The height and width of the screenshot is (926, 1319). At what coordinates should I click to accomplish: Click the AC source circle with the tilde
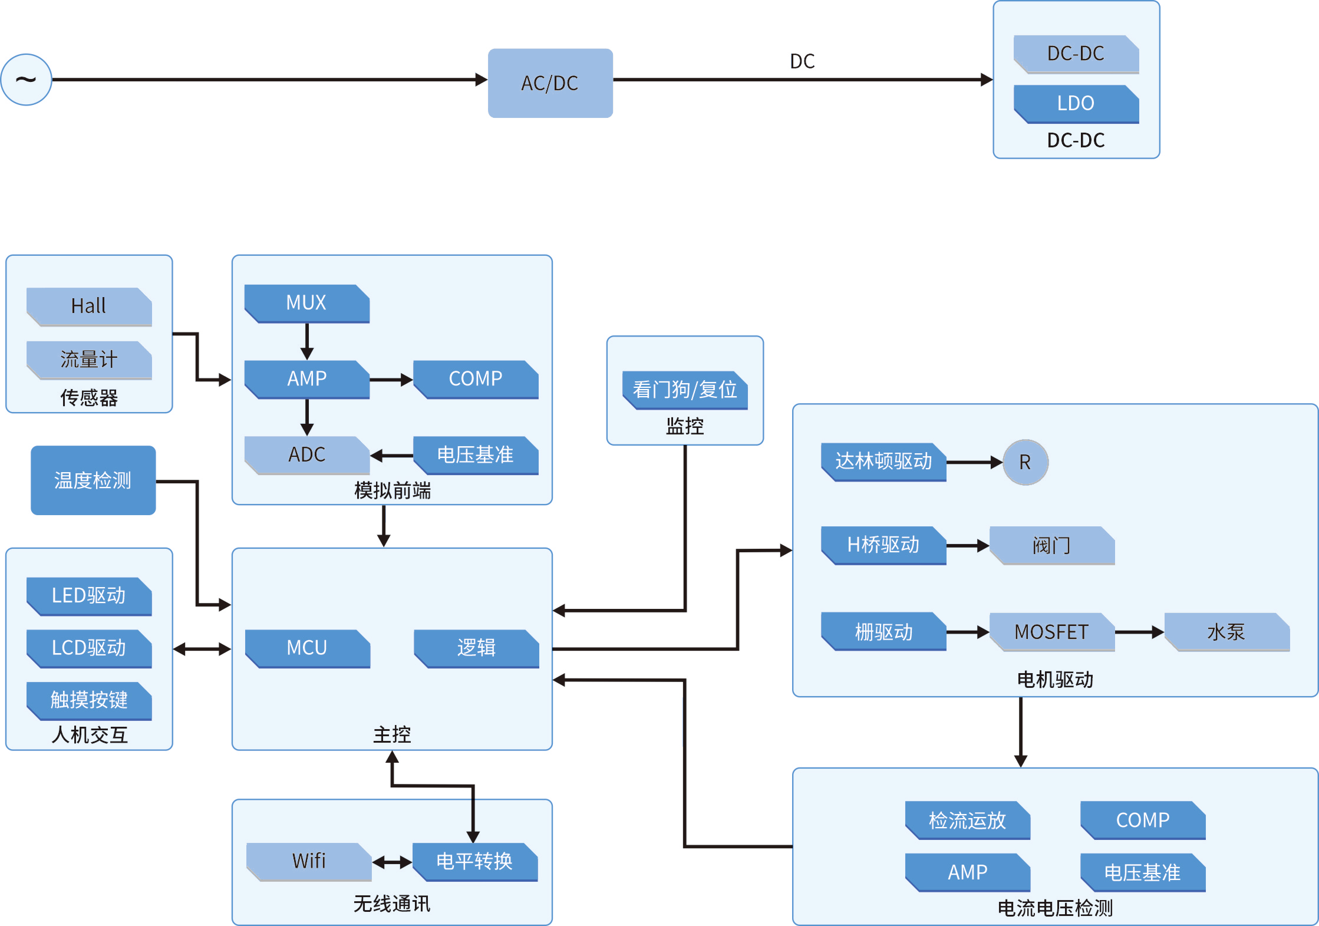point(27,80)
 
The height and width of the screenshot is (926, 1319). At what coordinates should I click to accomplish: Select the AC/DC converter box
point(550,83)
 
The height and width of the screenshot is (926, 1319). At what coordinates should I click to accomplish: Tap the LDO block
point(1076,104)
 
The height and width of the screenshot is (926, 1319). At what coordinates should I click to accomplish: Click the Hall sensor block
point(89,307)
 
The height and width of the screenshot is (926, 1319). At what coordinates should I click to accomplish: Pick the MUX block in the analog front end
point(307,304)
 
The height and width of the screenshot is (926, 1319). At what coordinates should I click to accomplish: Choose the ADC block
point(307,455)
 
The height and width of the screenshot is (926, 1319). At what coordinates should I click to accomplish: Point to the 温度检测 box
point(93,480)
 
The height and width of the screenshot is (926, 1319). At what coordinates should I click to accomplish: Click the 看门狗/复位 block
point(685,390)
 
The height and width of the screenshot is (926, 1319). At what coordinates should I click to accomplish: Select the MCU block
point(307,648)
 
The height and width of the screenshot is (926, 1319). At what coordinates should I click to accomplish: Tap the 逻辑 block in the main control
point(476,648)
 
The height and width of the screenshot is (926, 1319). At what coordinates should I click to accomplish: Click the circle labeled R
point(1025,462)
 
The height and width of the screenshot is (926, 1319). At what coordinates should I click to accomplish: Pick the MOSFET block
point(1052,632)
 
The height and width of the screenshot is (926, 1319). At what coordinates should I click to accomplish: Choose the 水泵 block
point(1227,632)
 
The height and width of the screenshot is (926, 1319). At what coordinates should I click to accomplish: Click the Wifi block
point(309,862)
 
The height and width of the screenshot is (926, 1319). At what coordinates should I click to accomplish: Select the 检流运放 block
point(968,820)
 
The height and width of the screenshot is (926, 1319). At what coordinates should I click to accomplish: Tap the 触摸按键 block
point(89,701)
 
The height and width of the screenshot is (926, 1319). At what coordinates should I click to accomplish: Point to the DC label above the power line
point(802,61)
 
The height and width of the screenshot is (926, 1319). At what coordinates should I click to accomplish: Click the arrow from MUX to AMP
point(307,342)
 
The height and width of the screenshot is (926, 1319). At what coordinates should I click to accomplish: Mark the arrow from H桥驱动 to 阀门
point(968,546)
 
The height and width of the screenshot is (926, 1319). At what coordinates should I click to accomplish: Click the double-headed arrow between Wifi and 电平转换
point(392,862)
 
